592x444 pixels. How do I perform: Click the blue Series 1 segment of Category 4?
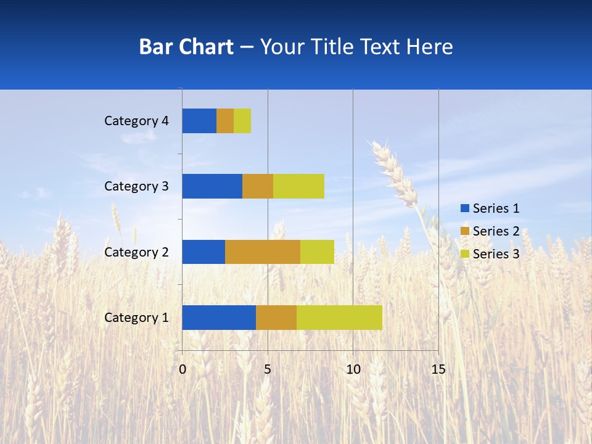point(199,121)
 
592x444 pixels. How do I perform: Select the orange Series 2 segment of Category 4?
point(225,121)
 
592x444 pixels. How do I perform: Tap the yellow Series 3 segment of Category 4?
point(242,121)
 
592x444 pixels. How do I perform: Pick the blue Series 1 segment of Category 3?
point(212,186)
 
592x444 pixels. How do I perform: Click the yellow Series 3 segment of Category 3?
point(298,186)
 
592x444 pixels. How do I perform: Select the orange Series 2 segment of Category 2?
point(263,252)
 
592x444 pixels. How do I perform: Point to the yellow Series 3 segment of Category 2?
point(317,252)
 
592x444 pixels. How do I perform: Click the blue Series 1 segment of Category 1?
point(219,318)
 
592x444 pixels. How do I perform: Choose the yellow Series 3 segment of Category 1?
point(339,318)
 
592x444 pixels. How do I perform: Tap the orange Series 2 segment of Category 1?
point(276,318)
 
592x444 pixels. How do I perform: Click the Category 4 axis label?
point(136,121)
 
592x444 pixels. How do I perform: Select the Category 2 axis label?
point(136,252)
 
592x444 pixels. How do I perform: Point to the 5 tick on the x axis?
point(268,369)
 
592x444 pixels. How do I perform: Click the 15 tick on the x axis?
point(438,369)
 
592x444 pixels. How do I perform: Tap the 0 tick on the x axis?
point(183,369)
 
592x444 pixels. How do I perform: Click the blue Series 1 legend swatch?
point(464,208)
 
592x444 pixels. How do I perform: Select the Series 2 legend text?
point(496,231)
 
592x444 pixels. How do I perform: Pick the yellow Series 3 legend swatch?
point(464,254)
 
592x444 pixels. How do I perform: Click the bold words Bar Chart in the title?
point(186,47)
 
